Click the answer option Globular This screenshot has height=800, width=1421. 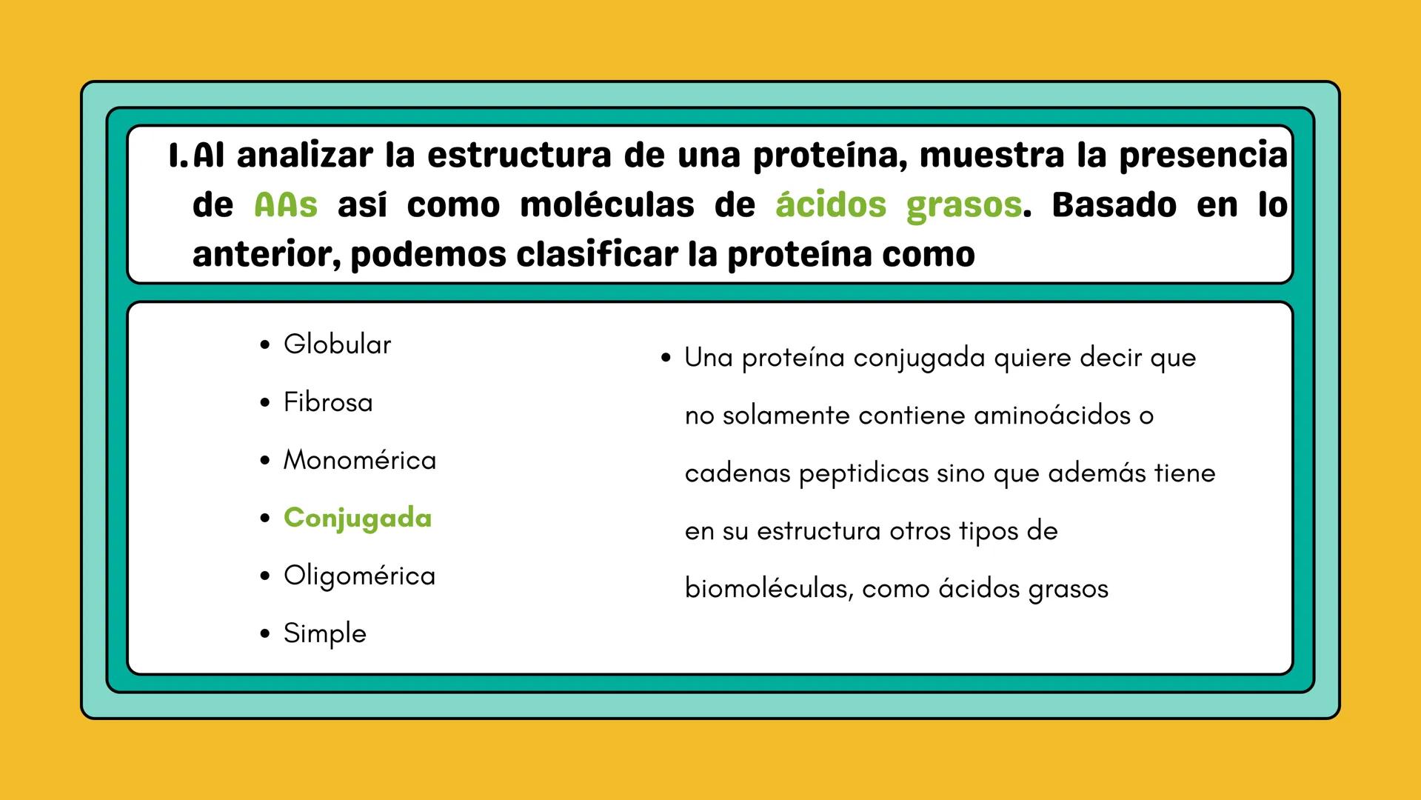point(337,344)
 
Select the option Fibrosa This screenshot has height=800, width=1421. point(328,402)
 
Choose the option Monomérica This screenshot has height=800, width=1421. point(360,460)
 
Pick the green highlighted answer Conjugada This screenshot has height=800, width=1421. point(358,518)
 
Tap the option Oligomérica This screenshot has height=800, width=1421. point(359,576)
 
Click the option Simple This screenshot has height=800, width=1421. point(324,633)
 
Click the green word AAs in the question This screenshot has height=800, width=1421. point(286,205)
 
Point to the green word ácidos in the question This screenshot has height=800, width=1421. point(831,205)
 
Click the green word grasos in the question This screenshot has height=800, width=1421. point(964,205)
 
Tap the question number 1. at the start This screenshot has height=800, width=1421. point(178,156)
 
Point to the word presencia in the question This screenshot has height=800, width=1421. point(1203,156)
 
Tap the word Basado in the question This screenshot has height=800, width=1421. point(1114,205)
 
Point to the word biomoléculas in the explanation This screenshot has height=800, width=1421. point(769,589)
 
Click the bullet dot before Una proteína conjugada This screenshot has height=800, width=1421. point(666,359)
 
